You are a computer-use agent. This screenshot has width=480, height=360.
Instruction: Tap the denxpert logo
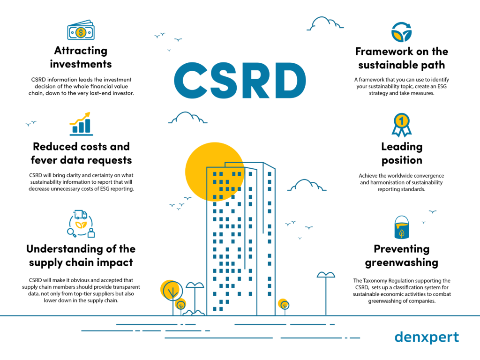(x=427, y=337)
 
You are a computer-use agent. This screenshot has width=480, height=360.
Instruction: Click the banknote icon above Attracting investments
(x=80, y=31)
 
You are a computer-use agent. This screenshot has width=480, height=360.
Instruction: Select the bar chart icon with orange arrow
(x=81, y=123)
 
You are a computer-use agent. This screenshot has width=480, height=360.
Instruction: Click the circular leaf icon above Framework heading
(x=401, y=32)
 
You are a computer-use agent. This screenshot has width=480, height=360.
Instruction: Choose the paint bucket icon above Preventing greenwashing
(x=401, y=227)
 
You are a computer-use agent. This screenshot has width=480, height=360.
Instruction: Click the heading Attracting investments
(x=81, y=57)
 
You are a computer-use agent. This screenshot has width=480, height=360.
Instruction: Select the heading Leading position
(x=401, y=153)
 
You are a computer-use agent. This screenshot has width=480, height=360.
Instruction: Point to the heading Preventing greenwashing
(x=401, y=255)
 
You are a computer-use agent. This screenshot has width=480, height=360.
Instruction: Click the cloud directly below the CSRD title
(x=187, y=118)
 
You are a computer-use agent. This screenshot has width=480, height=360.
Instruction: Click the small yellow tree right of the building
(x=283, y=305)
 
